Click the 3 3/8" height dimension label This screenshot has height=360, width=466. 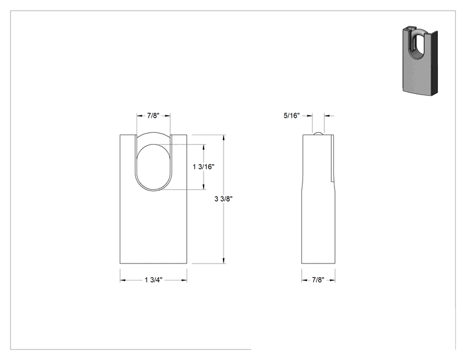click(x=224, y=198)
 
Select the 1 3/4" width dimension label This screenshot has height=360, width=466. click(x=153, y=280)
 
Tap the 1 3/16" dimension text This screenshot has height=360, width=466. click(x=204, y=167)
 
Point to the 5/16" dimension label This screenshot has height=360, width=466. click(x=291, y=116)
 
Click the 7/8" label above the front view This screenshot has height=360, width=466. click(x=153, y=116)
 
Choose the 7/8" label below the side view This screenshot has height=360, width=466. click(x=318, y=280)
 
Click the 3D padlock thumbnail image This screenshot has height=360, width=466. click(x=420, y=61)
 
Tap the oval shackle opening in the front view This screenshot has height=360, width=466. click(x=153, y=167)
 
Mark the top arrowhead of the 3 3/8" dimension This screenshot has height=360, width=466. click(x=224, y=137)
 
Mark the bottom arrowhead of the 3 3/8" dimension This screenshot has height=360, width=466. click(x=224, y=261)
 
